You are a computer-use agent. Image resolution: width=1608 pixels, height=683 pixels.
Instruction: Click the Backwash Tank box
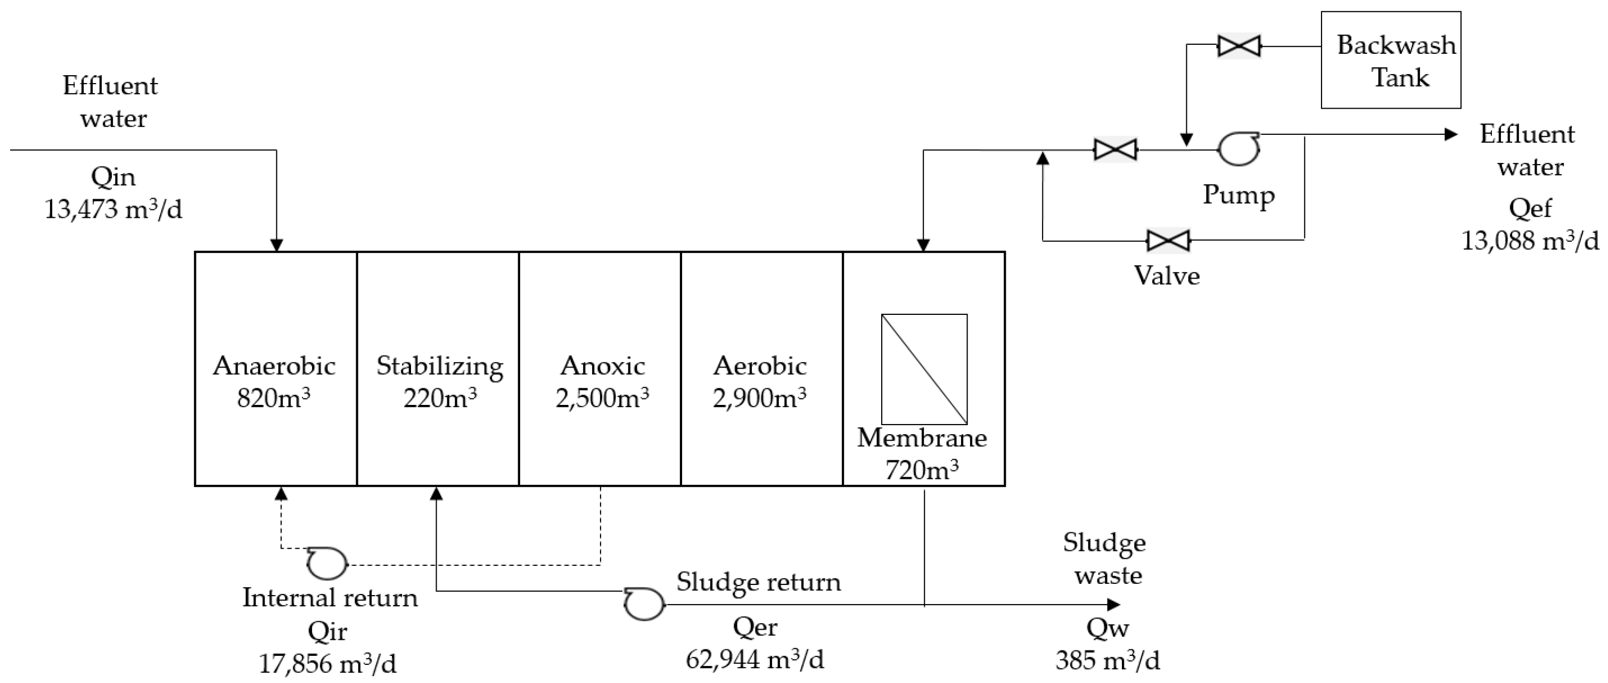click(1390, 60)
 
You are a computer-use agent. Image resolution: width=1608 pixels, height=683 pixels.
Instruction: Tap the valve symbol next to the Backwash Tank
click(1239, 46)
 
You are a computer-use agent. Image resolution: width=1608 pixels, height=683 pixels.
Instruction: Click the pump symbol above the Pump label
click(1238, 149)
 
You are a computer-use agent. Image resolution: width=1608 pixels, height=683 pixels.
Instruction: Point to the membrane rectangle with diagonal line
click(924, 369)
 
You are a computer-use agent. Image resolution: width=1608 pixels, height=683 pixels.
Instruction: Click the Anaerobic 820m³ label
click(274, 381)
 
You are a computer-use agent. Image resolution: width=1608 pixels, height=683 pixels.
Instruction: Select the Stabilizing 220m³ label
click(439, 381)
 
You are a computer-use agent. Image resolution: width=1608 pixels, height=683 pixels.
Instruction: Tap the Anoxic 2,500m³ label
click(602, 381)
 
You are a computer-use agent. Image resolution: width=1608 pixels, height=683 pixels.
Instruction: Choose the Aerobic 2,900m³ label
click(760, 381)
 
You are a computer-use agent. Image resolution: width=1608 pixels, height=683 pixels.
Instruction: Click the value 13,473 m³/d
click(113, 210)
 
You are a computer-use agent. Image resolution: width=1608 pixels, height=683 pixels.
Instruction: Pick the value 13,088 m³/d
click(1530, 241)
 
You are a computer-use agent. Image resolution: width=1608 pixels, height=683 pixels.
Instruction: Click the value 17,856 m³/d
click(327, 664)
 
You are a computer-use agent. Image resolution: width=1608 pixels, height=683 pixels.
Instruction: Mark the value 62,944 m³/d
click(754, 659)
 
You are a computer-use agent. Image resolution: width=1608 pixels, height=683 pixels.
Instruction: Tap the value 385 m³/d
click(1107, 661)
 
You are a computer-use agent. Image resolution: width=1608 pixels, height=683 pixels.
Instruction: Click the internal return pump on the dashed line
click(327, 564)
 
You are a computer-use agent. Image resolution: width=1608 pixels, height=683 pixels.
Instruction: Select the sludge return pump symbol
click(644, 604)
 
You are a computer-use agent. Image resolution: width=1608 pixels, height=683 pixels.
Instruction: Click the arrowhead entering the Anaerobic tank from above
click(276, 245)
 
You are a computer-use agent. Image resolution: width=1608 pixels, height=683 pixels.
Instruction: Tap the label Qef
click(1530, 208)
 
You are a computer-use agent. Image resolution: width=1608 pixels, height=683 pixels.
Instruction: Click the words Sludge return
click(758, 582)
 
